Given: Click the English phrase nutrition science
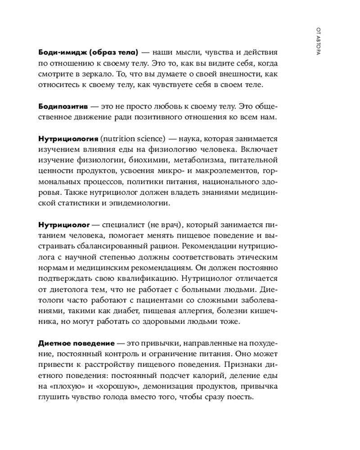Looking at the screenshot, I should coord(133,139).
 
